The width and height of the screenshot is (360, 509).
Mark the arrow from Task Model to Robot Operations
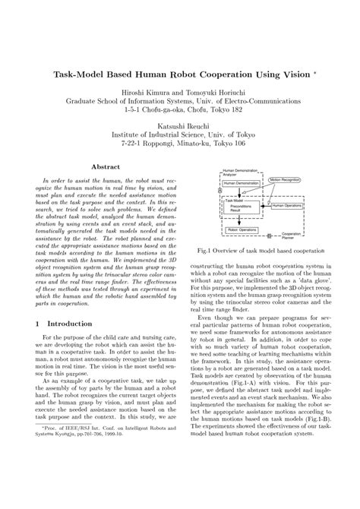coord(239,220)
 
